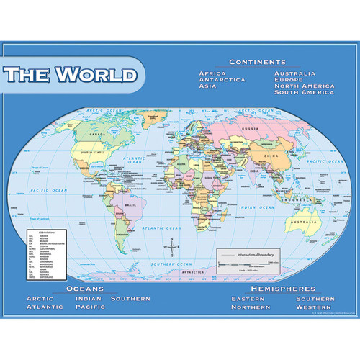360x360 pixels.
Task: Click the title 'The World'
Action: click(x=71, y=74)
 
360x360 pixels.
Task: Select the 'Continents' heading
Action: click(x=257, y=62)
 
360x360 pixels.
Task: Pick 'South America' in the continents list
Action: click(x=304, y=93)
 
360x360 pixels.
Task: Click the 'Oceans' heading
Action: click(x=86, y=288)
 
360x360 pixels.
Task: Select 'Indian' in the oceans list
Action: click(x=88, y=298)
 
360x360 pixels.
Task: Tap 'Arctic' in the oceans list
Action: click(x=40, y=298)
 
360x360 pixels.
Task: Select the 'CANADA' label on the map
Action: click(x=94, y=134)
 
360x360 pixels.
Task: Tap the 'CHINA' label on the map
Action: click(x=269, y=156)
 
